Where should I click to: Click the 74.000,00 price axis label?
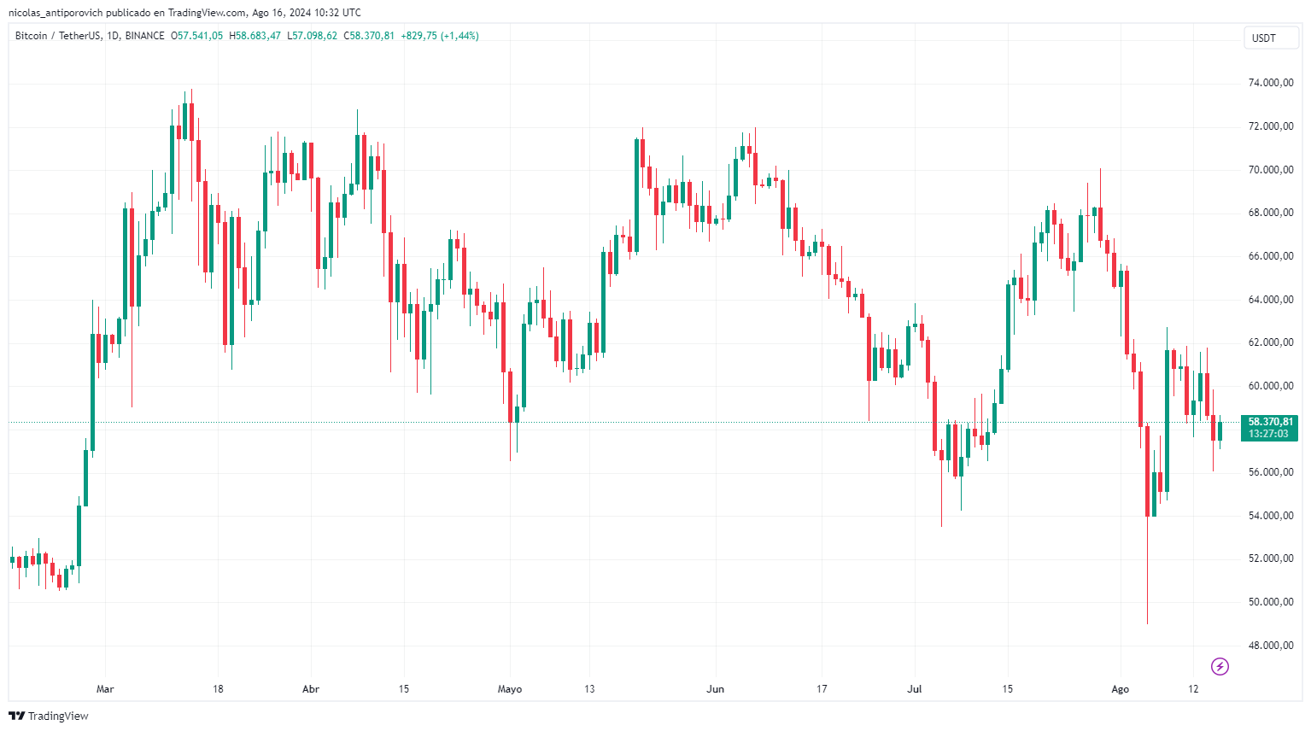click(x=1270, y=83)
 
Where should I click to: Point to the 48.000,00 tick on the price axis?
click(x=1270, y=646)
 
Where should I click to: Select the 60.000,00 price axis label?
click(x=1270, y=386)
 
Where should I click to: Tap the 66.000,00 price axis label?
click(x=1270, y=256)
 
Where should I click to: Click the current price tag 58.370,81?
click(x=1270, y=422)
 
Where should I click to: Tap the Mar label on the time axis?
click(x=105, y=689)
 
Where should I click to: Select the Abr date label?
click(x=311, y=689)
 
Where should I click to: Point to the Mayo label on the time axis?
click(x=510, y=689)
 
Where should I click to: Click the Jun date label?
click(x=716, y=689)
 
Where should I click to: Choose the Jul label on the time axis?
click(x=915, y=689)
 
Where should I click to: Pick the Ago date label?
click(x=1120, y=689)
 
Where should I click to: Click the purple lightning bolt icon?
click(x=1220, y=666)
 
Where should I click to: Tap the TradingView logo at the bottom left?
click(x=49, y=716)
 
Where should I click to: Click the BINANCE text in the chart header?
click(x=144, y=36)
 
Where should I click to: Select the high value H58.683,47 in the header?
click(x=255, y=36)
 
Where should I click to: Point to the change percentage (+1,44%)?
click(x=459, y=36)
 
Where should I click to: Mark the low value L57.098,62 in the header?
click(x=312, y=36)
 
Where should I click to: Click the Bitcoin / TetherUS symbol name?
click(x=57, y=36)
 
